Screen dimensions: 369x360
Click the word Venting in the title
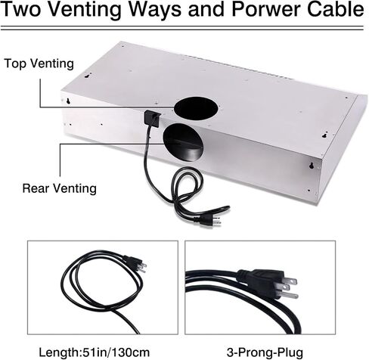[x=84, y=10]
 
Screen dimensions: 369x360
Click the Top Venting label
[x=39, y=64]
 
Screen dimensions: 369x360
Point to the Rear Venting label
[x=60, y=188]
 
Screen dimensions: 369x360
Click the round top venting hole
[x=196, y=108]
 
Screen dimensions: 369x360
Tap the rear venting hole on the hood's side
[x=183, y=141]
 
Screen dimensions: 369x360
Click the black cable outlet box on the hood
[x=152, y=118]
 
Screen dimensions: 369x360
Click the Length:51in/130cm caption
[x=94, y=352]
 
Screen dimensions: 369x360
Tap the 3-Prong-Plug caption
[x=265, y=352]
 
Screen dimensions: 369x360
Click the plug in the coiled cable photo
[x=135, y=264]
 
